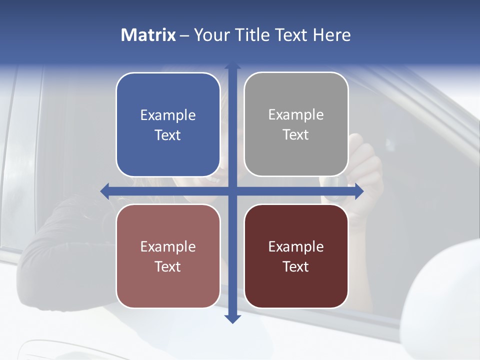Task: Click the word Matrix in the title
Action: pyautogui.click(x=148, y=35)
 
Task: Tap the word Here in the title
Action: pyautogui.click(x=331, y=35)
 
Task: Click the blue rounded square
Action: pyautogui.click(x=168, y=125)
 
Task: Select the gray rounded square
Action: pyautogui.click(x=296, y=124)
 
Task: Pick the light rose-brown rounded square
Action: pyautogui.click(x=168, y=256)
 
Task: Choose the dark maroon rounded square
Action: pyautogui.click(x=296, y=256)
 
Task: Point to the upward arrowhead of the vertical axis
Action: pyautogui.click(x=232, y=66)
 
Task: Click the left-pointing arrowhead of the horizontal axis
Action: pyautogui.click(x=104, y=191)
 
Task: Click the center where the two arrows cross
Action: pyautogui.click(x=232, y=191)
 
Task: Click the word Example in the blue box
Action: pyautogui.click(x=168, y=115)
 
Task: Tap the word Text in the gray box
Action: pyautogui.click(x=296, y=135)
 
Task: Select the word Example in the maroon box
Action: pyautogui.click(x=296, y=246)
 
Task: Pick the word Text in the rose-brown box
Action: pyautogui.click(x=168, y=266)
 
